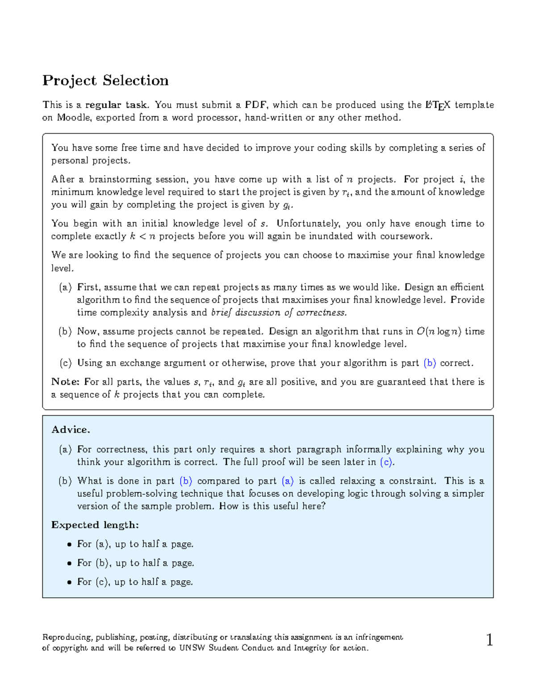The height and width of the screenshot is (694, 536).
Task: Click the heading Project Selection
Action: [x=105, y=80]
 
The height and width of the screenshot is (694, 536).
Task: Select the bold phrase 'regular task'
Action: [x=117, y=105]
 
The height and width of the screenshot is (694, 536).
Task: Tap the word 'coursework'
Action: [x=406, y=236]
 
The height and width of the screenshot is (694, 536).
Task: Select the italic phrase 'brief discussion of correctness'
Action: [x=279, y=312]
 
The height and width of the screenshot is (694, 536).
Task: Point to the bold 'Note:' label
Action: [x=65, y=382]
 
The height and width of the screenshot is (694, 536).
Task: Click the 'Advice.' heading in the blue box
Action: [x=71, y=429]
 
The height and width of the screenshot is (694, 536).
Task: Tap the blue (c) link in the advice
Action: [x=387, y=462]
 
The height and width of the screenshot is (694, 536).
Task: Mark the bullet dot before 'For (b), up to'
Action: [x=69, y=564]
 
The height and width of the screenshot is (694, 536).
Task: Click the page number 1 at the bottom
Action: [x=490, y=640]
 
